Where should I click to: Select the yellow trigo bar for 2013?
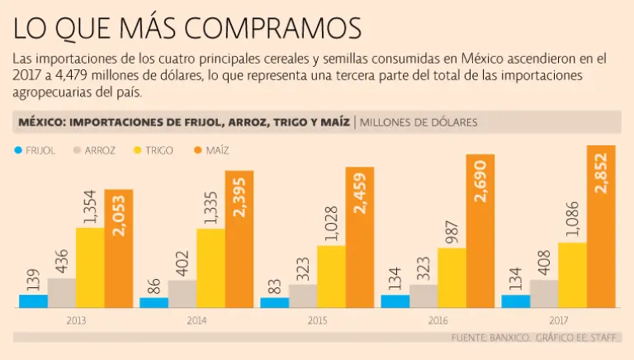click(90, 267)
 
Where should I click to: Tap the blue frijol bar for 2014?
click(154, 302)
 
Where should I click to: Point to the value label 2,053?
click(119, 213)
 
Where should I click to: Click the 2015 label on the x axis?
click(317, 319)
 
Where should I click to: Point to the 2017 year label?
click(557, 319)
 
